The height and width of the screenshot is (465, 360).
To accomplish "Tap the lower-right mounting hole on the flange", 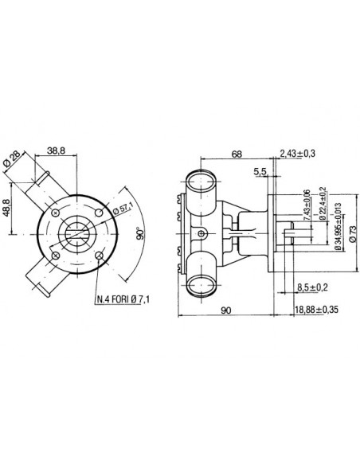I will point(99,256).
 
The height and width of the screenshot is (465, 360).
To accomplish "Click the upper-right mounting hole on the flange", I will point(99,213).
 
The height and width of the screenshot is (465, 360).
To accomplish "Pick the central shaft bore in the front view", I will point(77,234).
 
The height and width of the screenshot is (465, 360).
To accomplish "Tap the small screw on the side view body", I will point(203,232).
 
